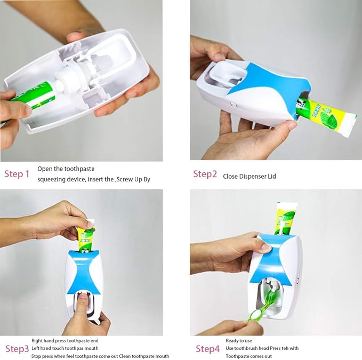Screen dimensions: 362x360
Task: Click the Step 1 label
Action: coord(17,174)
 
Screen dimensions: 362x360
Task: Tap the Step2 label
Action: coord(205,174)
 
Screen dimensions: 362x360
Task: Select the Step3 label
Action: coord(17,349)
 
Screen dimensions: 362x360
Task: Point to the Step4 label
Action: coord(207,349)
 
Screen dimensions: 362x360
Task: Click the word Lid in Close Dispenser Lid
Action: coord(272,177)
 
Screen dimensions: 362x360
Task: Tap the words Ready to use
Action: coord(239,341)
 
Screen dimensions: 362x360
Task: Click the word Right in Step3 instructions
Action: coord(37,341)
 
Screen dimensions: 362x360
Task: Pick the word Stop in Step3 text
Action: coord(36,356)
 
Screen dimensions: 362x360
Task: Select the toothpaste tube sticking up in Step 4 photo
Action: coord(286,219)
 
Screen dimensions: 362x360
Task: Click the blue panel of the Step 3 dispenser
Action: coord(84,273)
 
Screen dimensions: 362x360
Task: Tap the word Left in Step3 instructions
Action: coord(35,348)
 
